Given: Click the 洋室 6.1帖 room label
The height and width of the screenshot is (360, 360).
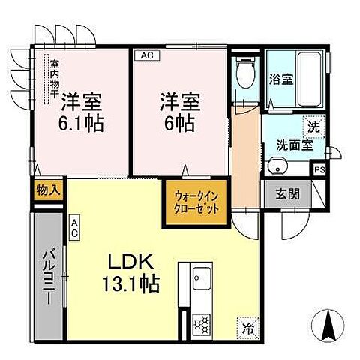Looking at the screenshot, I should pyautogui.click(x=82, y=111).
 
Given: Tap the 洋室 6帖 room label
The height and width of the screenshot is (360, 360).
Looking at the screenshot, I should pyautogui.click(x=178, y=111).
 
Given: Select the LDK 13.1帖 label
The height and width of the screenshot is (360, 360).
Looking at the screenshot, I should pyautogui.click(x=133, y=274).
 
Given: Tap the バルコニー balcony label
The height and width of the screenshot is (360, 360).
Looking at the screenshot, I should pyautogui.click(x=45, y=275).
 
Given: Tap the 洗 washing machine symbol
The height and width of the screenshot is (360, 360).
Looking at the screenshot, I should pyautogui.click(x=315, y=127).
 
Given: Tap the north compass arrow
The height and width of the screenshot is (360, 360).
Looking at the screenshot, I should pyautogui.click(x=329, y=324).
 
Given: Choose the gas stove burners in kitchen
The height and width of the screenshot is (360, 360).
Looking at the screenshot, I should pyautogui.click(x=202, y=322).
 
